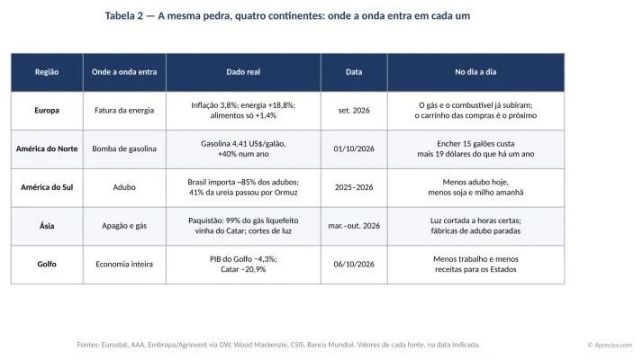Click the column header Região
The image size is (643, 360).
pyautogui.click(x=47, y=72)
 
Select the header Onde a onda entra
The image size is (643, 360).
pyautogui.click(x=124, y=72)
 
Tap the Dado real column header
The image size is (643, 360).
pyautogui.click(x=243, y=72)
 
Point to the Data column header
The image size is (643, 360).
pyautogui.click(x=354, y=72)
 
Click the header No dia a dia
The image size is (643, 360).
pyautogui.click(x=475, y=72)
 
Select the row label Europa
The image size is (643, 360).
pyautogui.click(x=47, y=111)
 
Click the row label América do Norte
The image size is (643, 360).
pyautogui.click(x=47, y=148)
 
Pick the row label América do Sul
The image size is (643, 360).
pyautogui.click(x=47, y=187)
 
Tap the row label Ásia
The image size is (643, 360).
pyautogui.click(x=47, y=226)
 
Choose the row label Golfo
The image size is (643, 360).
pyautogui.click(x=47, y=264)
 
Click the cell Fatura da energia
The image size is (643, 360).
pyautogui.click(x=124, y=111)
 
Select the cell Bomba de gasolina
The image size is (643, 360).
pyautogui.click(x=124, y=148)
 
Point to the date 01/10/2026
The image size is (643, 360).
pyautogui.click(x=354, y=148)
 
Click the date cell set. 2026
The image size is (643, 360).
pyautogui.click(x=354, y=111)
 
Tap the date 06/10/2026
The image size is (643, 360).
pyautogui.click(x=354, y=264)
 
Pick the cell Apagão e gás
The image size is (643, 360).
pyautogui.click(x=124, y=226)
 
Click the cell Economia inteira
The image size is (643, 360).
pyautogui.click(x=124, y=264)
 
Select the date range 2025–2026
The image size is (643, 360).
pyautogui.click(x=354, y=187)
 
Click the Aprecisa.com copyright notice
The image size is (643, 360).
pyautogui.click(x=611, y=346)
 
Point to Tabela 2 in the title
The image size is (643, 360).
pyautogui.click(x=124, y=16)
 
